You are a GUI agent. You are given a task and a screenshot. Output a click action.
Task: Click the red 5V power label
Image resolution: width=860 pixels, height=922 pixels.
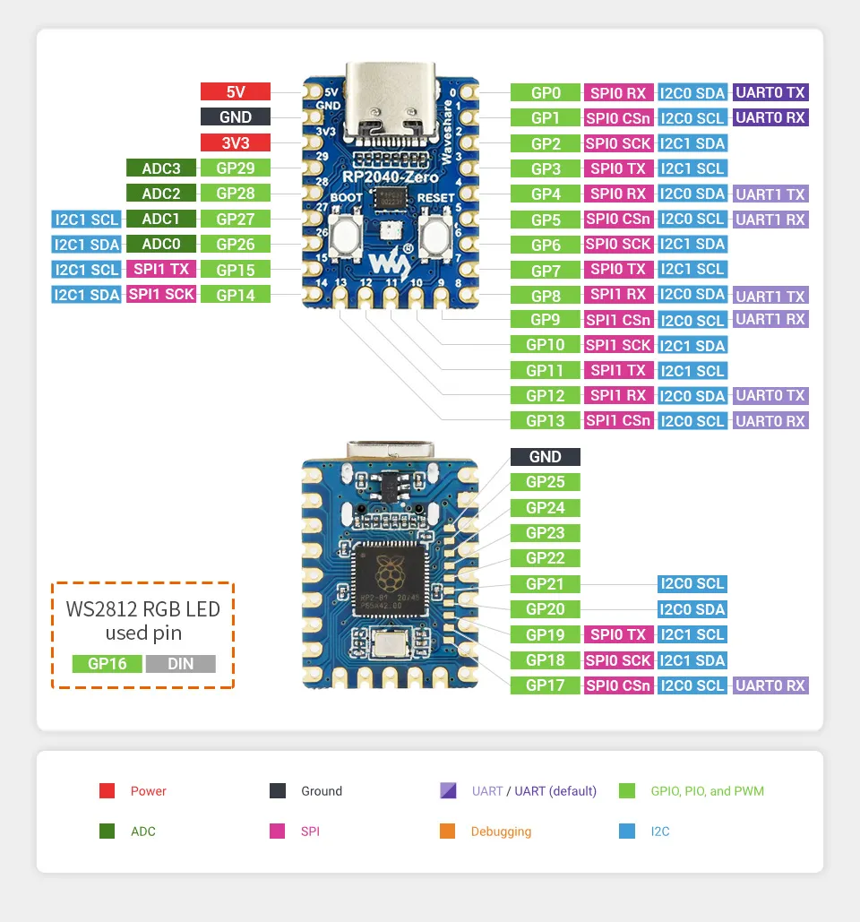(236, 91)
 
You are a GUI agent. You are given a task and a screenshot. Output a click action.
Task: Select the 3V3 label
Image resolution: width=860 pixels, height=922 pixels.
(236, 142)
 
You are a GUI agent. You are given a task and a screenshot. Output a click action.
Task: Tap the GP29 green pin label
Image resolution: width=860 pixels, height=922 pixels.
(236, 168)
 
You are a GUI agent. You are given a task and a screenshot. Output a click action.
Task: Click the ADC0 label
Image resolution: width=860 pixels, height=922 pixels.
(160, 244)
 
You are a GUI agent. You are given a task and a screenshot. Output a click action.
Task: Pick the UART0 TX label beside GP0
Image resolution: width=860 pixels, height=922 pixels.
(770, 92)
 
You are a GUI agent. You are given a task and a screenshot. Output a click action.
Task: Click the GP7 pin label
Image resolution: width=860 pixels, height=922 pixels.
(546, 270)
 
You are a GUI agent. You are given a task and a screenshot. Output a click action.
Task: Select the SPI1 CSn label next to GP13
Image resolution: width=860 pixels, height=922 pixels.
(618, 421)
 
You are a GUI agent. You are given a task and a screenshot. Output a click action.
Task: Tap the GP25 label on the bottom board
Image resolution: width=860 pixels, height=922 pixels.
(546, 482)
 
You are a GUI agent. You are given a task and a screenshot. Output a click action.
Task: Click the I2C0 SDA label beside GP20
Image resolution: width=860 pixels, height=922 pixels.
(692, 609)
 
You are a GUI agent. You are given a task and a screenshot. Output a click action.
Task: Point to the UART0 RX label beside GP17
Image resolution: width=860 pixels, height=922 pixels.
(770, 685)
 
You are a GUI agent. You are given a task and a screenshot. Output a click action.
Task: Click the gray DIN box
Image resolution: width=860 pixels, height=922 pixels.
(180, 664)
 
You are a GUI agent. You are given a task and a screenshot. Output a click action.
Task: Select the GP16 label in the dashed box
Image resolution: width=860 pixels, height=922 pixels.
(107, 664)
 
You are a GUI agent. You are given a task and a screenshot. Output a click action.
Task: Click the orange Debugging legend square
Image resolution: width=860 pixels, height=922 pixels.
(448, 832)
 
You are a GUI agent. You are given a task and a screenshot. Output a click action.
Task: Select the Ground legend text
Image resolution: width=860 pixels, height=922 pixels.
(322, 791)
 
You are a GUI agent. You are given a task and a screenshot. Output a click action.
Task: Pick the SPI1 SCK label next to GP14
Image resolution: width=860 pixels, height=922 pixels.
(161, 294)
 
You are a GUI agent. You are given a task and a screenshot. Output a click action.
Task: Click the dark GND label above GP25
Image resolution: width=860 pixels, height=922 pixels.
(546, 457)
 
